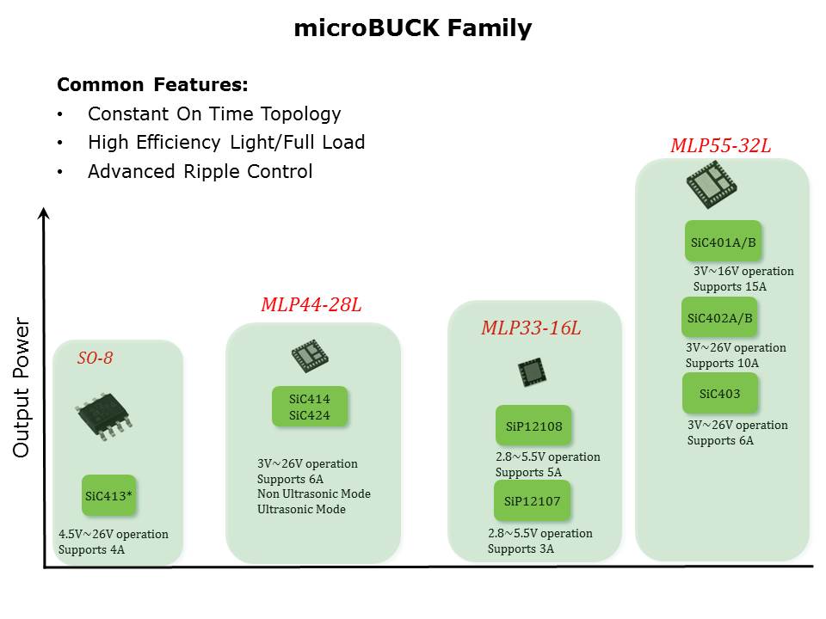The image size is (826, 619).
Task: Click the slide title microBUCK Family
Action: (x=412, y=28)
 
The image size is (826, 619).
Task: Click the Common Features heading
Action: (x=152, y=85)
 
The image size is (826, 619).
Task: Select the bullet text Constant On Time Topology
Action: (x=214, y=114)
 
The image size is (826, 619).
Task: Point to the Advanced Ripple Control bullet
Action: (x=200, y=172)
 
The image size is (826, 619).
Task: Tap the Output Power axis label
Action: (x=22, y=388)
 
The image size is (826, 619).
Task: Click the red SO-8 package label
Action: (x=96, y=358)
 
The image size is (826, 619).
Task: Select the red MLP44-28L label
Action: (x=311, y=304)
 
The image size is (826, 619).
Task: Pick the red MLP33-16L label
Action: (x=531, y=328)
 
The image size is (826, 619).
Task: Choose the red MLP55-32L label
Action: (x=721, y=145)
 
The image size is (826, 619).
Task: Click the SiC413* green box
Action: (x=109, y=495)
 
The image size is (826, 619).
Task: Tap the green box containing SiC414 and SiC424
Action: (x=310, y=407)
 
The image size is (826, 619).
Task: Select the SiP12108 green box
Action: (x=533, y=426)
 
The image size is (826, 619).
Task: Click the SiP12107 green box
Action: (x=532, y=500)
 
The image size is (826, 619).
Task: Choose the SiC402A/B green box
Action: (x=719, y=317)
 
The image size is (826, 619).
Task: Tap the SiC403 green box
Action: (x=720, y=393)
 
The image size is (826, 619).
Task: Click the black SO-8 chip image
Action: (x=104, y=415)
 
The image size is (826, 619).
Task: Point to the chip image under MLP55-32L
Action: (x=712, y=185)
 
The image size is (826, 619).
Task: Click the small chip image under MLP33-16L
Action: (x=532, y=372)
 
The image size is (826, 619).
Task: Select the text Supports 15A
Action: (x=730, y=287)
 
